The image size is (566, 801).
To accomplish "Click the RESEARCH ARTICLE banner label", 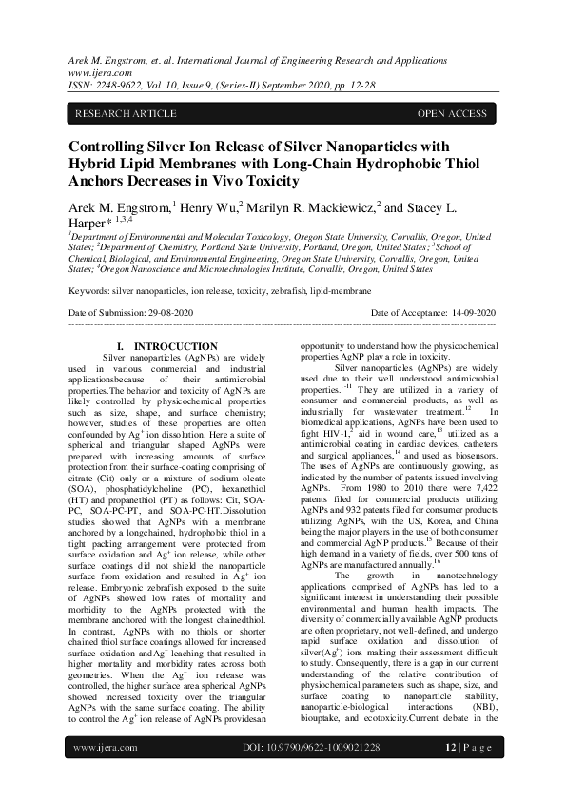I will (126, 114).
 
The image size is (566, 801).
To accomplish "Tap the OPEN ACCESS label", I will (452, 114).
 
